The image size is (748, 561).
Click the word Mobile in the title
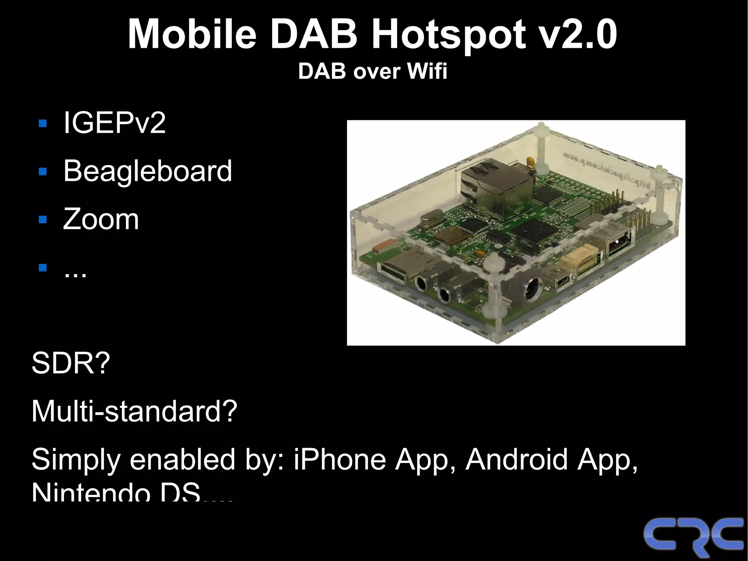pos(192,34)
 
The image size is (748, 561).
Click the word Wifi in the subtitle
pos(427,71)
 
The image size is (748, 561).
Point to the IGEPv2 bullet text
pos(114,123)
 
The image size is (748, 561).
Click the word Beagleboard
pos(148,171)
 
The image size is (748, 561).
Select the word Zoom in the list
pos(101,219)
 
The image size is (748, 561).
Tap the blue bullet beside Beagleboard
pos(43,171)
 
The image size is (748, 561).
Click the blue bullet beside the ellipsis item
pos(43,268)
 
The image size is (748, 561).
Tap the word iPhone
pos(340,459)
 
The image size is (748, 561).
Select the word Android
pos(517,459)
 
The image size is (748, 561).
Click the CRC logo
pos(693,537)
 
